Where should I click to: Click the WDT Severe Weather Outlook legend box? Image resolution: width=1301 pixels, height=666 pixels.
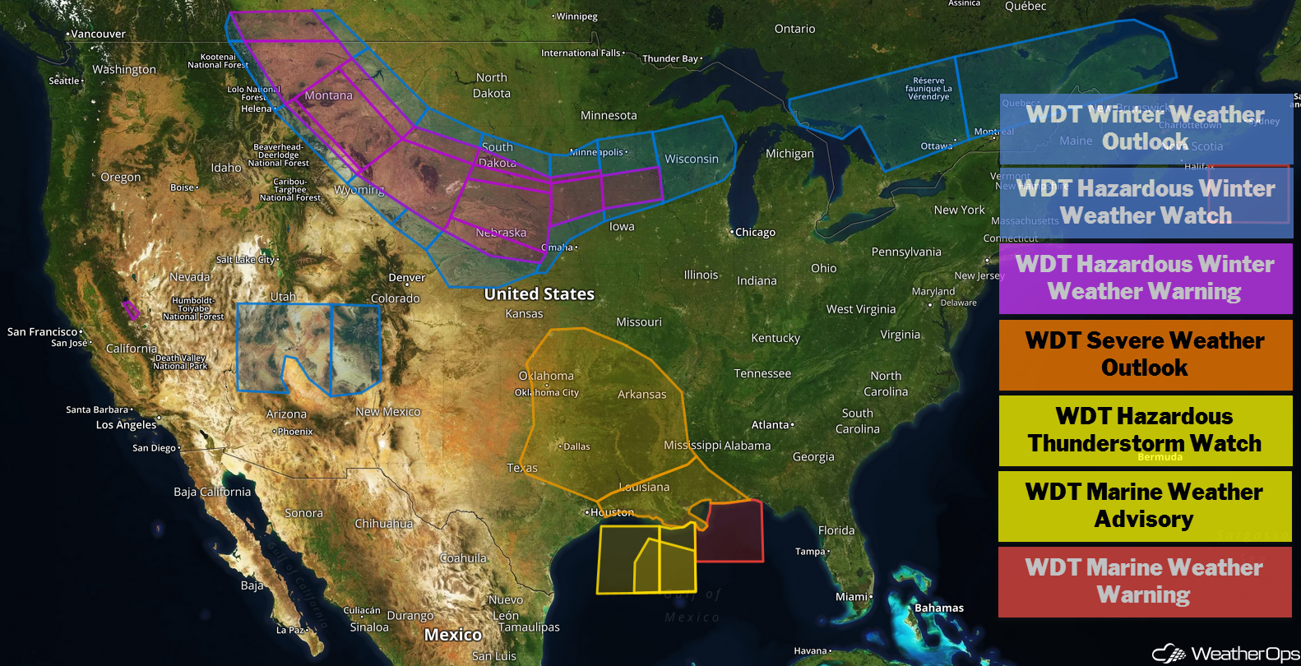tap(1145, 354)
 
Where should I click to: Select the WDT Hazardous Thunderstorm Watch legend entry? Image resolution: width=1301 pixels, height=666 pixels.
tap(1145, 430)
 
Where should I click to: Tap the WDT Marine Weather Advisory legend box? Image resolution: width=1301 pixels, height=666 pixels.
tap(1145, 506)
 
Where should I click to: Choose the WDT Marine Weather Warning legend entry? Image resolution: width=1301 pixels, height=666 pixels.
tap(1145, 581)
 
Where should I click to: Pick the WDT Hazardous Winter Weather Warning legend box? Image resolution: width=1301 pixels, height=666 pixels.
tap(1145, 278)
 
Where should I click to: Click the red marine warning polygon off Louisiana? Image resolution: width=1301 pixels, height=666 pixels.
tap(734, 533)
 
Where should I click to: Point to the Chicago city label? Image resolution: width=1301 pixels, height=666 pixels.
tap(755, 233)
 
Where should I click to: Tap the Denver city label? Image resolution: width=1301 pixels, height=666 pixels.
tap(407, 278)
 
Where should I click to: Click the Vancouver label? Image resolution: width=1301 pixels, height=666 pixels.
tap(98, 35)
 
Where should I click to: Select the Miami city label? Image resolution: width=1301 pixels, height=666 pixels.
tap(852, 597)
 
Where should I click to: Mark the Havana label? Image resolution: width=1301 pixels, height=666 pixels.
tap(811, 651)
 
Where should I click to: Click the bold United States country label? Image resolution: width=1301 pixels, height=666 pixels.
tap(539, 294)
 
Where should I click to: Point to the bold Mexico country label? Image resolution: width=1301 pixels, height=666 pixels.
tap(453, 635)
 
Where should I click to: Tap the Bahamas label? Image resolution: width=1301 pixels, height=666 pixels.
tap(939, 608)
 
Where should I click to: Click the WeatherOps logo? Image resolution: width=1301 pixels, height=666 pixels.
tap(1225, 653)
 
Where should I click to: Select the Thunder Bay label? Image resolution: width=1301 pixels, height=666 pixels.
tap(670, 59)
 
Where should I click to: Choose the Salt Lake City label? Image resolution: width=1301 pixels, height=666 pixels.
tap(245, 260)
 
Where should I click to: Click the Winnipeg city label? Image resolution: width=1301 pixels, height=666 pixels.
tap(576, 16)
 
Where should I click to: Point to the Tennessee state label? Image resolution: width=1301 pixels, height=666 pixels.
tap(762, 374)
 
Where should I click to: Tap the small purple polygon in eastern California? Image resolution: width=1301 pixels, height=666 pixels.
tap(131, 310)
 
